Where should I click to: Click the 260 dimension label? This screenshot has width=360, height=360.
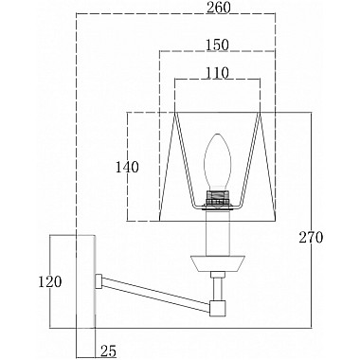coord(219,8)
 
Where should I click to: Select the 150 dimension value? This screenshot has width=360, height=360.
coord(217,45)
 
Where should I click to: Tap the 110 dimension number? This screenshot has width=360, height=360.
coord(217,73)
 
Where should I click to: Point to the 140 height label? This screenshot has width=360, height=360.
coord(127,168)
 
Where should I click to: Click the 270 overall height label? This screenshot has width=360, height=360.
coord(312,238)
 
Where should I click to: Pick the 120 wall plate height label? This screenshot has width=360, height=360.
coord(50,281)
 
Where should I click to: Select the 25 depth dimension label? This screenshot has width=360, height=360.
coord(109,351)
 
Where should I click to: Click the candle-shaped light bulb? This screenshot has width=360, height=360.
coord(218,162)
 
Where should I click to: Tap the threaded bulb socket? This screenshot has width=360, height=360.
coord(218,197)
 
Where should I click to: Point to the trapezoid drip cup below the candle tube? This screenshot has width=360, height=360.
coord(218,263)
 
